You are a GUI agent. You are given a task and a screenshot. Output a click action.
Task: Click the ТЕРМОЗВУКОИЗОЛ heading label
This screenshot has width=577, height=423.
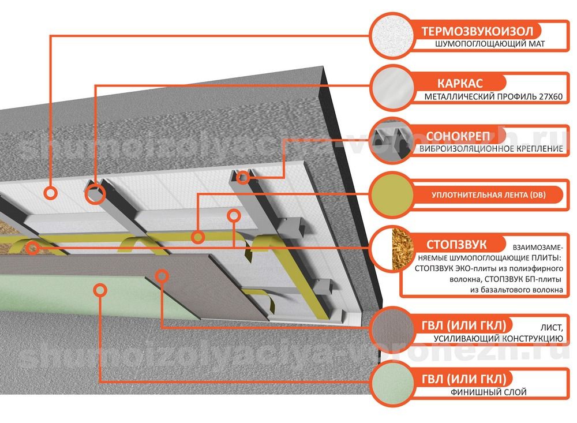477,31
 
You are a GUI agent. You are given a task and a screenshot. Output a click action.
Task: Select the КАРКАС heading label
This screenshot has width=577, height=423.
460,83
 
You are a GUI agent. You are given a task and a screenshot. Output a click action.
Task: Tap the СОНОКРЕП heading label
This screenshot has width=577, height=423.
458,136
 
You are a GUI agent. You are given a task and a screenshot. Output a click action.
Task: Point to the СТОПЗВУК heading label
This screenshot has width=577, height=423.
456,245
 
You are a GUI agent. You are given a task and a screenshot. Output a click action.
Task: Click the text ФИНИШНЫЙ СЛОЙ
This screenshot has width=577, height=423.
488,392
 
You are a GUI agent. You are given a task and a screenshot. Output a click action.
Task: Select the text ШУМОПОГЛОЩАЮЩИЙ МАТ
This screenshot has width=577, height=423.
490,44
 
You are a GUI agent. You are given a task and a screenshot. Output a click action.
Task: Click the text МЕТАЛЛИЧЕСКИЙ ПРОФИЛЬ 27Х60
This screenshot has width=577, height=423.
493,97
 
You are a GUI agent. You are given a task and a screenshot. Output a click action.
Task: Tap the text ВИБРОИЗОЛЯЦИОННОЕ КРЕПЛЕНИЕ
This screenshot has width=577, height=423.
491,149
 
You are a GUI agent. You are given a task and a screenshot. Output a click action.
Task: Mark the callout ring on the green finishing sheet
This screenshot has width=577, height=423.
100,290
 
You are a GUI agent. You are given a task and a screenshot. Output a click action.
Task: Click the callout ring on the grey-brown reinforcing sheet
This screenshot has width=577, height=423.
162,276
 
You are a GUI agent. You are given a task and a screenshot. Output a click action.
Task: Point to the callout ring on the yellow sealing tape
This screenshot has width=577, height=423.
197,237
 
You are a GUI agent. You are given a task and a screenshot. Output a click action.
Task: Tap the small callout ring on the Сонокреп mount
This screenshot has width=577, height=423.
243,178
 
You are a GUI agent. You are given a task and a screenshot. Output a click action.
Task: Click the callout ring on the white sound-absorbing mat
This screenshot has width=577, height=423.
50,193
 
